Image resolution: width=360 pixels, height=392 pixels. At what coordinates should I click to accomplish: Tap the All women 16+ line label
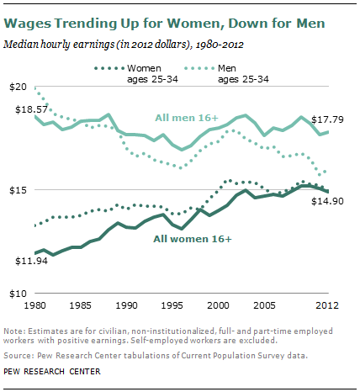pos(193,239)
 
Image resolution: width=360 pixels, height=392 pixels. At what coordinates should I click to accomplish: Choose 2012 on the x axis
pos(326,305)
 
